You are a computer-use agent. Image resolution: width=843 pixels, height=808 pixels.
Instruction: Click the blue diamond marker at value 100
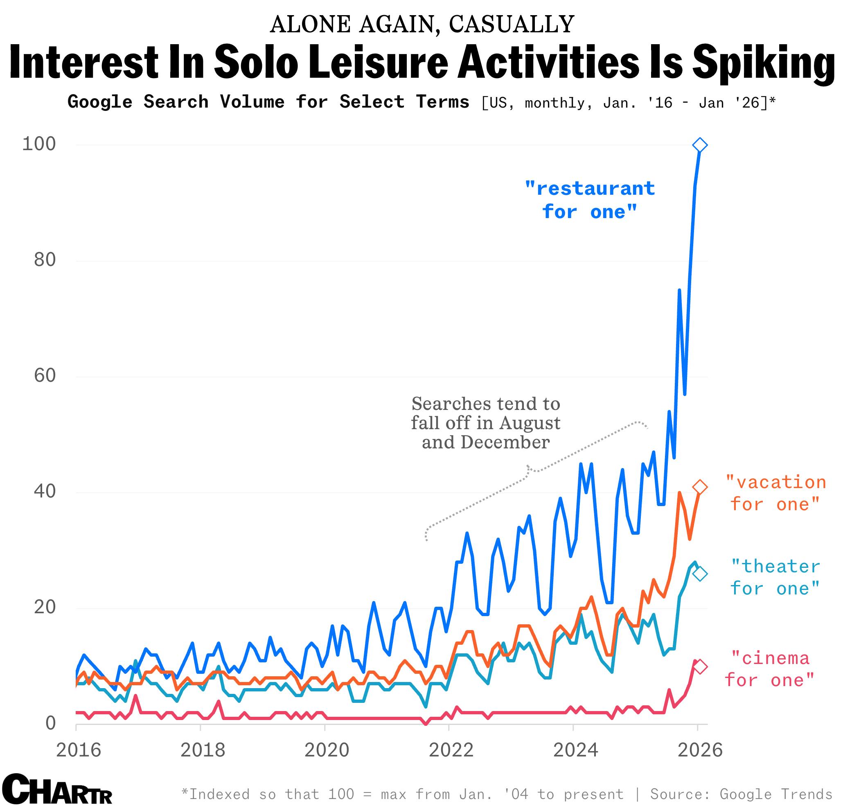[700, 145]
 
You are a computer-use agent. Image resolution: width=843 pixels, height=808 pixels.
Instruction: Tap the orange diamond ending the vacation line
[700, 487]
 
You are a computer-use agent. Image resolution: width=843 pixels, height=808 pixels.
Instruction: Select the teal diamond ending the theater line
[700, 574]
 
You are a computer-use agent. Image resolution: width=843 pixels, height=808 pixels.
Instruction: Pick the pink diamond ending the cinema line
[700, 666]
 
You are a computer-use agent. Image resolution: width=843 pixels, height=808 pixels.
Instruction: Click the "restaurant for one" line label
[590, 200]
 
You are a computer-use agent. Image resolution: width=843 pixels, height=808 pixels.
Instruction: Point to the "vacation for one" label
[775, 493]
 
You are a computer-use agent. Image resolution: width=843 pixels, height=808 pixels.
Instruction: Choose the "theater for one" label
[775, 577]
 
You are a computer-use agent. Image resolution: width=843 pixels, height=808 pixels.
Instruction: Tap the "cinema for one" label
[770, 669]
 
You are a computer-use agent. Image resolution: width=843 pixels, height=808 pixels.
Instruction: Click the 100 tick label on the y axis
[39, 144]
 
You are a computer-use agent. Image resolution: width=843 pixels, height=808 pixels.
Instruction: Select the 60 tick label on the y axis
[45, 376]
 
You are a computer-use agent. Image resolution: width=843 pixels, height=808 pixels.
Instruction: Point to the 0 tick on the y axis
[51, 723]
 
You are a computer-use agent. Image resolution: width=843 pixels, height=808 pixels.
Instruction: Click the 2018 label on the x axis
[203, 750]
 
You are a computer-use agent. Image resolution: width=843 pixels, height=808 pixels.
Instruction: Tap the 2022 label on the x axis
[451, 750]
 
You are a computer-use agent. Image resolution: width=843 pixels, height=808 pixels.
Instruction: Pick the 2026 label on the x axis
[700, 750]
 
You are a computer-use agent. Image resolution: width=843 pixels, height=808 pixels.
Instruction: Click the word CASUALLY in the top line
[512, 25]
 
